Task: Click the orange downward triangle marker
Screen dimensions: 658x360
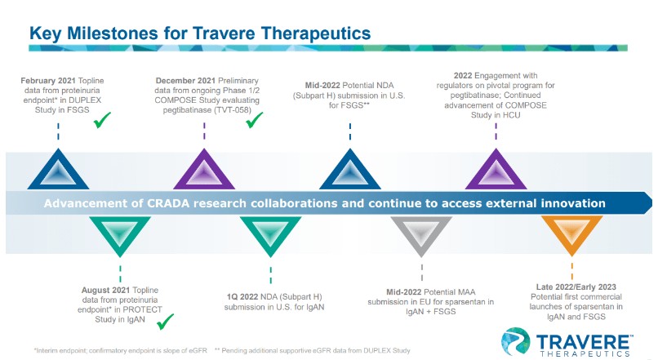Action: click(x=571, y=230)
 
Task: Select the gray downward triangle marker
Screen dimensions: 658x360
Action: click(x=421, y=231)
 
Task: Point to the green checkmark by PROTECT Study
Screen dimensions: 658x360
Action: click(x=165, y=322)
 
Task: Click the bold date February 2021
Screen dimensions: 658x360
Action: click(x=48, y=81)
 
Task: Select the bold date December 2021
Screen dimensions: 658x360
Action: click(x=186, y=81)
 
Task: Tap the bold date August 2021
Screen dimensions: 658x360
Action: click(x=106, y=290)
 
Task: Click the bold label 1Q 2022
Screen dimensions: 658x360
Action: click(x=242, y=296)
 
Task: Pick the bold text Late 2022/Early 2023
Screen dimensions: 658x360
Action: click(x=576, y=287)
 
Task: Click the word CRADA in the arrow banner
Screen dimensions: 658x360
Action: click(x=168, y=203)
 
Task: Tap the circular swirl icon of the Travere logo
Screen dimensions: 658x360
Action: click(x=515, y=341)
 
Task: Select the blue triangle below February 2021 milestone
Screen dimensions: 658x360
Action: click(x=58, y=170)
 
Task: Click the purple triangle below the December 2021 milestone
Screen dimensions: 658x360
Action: click(x=204, y=170)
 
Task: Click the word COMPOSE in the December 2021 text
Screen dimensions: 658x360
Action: click(x=171, y=100)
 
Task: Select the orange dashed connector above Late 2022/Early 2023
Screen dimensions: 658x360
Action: click(x=572, y=271)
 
